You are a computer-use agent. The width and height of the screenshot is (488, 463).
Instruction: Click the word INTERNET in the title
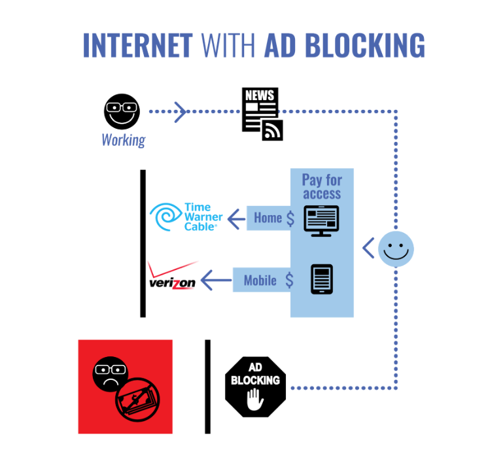point(138,45)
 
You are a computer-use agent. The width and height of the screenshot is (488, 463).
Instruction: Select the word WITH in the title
point(229,45)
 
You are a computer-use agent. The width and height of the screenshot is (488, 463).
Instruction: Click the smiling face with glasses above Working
point(122,111)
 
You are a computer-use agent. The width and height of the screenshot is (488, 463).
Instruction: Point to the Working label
point(124,141)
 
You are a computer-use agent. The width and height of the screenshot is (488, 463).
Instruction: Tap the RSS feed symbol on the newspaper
point(272,130)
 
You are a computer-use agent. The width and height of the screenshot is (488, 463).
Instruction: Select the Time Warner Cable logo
point(186,217)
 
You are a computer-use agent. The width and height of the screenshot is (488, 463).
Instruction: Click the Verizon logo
point(173,276)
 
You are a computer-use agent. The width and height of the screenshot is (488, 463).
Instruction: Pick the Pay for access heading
point(322,186)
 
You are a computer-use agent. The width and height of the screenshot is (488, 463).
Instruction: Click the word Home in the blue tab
point(268,218)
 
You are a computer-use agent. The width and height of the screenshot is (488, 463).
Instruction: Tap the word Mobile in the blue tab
point(260,281)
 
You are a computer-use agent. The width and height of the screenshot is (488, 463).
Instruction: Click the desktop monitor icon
point(321,221)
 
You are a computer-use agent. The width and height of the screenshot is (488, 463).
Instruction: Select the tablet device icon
point(322,279)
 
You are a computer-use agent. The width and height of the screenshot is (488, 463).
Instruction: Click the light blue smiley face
point(396,249)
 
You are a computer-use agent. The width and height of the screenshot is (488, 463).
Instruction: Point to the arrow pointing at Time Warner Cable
point(237,218)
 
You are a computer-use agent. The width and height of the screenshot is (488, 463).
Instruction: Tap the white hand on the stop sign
point(255,400)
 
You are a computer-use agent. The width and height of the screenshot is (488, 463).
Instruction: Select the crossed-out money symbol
point(137,400)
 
